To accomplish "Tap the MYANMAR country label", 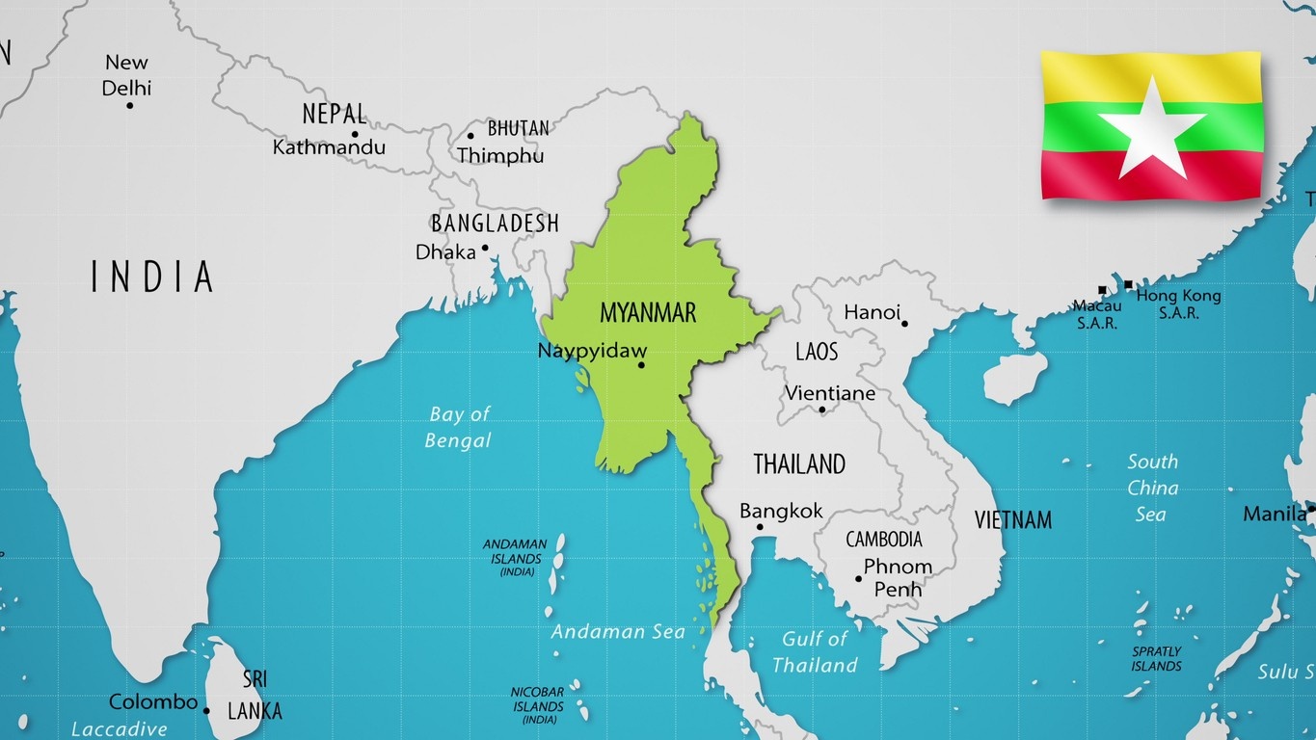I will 647,312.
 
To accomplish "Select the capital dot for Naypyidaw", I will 641,365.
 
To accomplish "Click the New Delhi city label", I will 127,75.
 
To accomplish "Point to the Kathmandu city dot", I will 355,135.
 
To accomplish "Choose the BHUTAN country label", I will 518,128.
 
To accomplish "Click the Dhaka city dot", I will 485,248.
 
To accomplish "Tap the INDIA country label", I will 152,277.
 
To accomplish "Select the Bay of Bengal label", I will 460,427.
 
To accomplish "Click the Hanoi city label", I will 872,312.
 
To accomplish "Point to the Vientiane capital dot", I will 822,410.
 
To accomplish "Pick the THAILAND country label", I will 798,464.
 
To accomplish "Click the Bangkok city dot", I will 760,527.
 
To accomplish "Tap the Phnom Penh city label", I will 897,577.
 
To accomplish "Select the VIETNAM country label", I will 1012,520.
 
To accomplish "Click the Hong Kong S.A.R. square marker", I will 1128,285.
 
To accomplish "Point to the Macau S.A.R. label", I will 1097,314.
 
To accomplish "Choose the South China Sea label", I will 1152,488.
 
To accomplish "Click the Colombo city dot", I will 206,711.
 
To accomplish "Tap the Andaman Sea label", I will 618,632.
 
